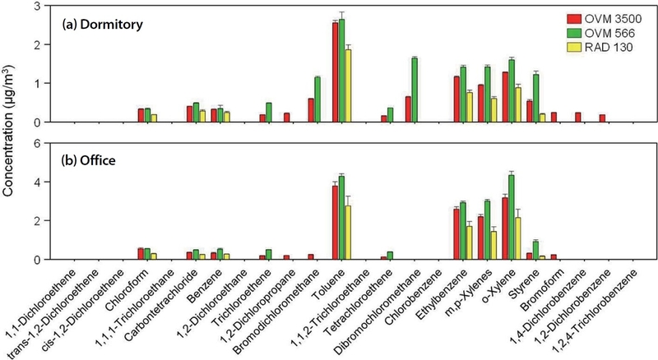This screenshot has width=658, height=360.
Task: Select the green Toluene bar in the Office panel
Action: click(x=341, y=218)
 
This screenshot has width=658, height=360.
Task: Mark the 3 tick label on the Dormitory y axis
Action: click(x=39, y=7)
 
